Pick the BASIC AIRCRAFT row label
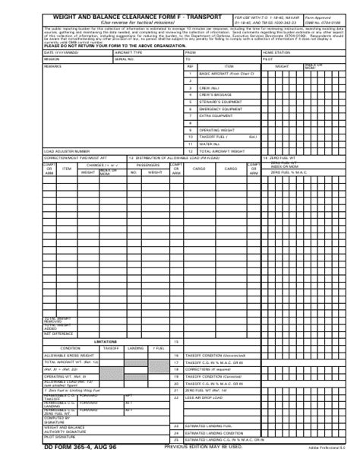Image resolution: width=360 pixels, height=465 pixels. click(x=225, y=96)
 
